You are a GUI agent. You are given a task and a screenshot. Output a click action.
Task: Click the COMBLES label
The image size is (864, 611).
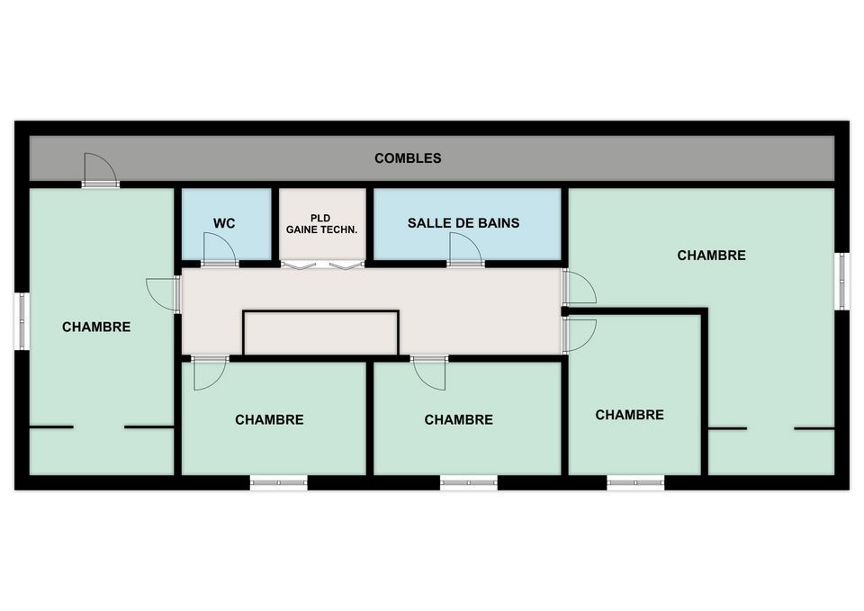click(408, 158)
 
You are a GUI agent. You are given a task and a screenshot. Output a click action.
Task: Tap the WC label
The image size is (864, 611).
click(224, 223)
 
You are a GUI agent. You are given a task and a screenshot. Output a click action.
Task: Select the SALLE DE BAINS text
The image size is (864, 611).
click(463, 223)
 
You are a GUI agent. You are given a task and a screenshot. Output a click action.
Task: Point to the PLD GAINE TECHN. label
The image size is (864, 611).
click(322, 224)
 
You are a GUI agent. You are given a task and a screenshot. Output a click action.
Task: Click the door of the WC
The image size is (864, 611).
click(220, 249)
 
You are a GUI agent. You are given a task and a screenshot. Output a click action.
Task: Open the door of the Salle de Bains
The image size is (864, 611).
click(465, 249)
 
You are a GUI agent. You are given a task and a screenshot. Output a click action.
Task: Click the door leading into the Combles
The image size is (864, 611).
click(100, 170)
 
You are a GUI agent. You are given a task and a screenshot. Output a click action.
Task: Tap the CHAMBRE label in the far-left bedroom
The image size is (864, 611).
click(96, 327)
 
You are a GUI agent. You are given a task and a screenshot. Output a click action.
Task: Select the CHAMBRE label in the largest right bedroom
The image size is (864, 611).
click(711, 255)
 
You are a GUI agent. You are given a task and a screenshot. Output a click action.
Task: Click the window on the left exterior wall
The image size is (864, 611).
click(22, 321)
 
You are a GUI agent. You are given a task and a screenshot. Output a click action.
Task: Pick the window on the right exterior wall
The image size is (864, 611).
click(841, 281)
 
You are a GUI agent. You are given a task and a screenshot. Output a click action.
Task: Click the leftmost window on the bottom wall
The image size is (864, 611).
click(279, 482)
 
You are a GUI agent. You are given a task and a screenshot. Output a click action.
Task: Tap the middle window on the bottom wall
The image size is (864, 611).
click(469, 482)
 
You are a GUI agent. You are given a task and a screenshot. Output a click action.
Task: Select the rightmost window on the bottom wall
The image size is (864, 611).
click(636, 482)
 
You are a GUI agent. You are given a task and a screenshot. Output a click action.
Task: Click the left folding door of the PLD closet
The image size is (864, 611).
click(299, 265)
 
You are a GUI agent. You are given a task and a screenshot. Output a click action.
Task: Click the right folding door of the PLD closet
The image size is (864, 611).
click(347, 265)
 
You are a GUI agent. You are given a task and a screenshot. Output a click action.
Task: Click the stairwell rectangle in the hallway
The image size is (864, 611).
click(320, 333)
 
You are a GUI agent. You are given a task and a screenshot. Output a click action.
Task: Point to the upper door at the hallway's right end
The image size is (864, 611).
click(579, 286)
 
